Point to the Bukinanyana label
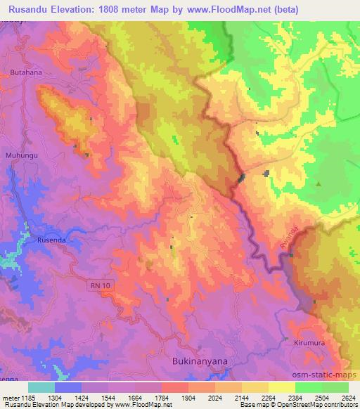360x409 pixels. [x=199, y=361]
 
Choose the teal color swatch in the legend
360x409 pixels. [x=41, y=387]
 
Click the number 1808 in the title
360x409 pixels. [x=104, y=10]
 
